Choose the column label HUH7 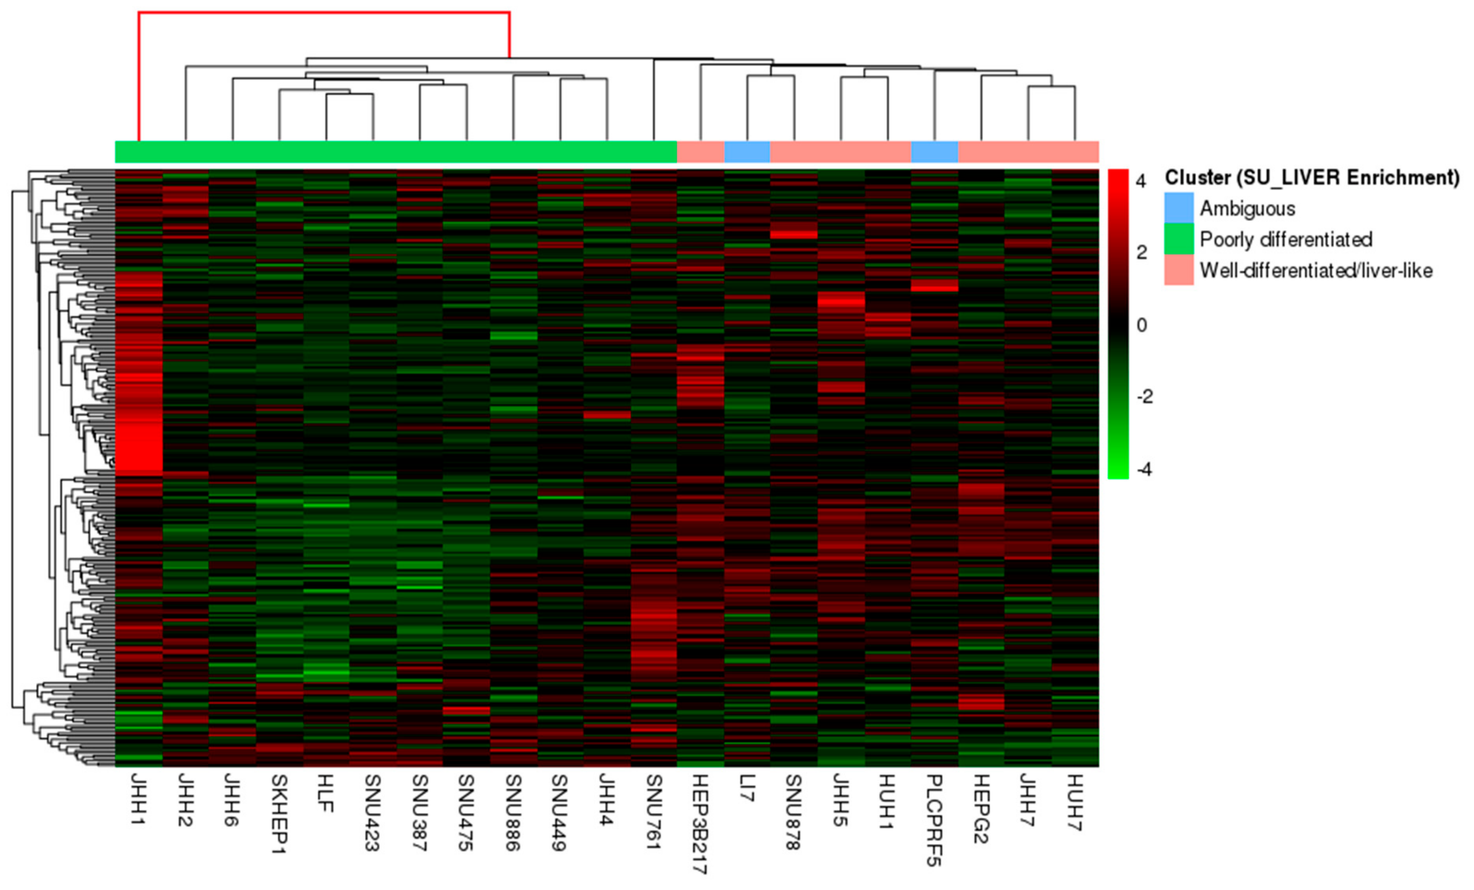coord(1074,802)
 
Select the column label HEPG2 coord(981,809)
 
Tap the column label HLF coord(325,793)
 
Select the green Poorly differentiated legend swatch coord(1178,239)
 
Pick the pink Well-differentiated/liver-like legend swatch coord(1178,270)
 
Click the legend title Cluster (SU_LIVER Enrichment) coord(1312,178)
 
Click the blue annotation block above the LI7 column coord(747,152)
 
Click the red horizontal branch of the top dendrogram coord(324,12)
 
